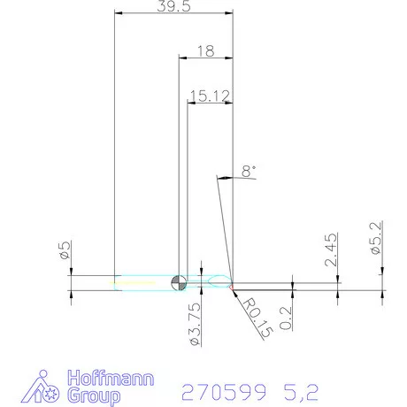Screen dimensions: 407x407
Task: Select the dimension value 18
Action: pos(205,51)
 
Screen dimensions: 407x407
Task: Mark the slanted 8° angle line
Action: pos(223,226)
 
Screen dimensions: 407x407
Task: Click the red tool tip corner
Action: pos(232,286)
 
